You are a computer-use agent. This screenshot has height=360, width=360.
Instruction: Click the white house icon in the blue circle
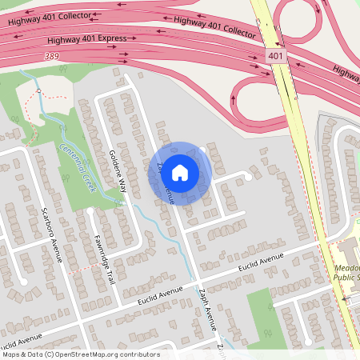click(180, 172)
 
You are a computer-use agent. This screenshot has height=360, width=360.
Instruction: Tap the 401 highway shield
click(275, 57)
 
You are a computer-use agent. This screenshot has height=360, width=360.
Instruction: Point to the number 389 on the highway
click(52, 56)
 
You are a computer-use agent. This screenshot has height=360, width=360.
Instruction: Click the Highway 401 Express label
click(86, 38)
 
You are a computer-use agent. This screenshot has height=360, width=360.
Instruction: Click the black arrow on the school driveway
click(345, 298)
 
